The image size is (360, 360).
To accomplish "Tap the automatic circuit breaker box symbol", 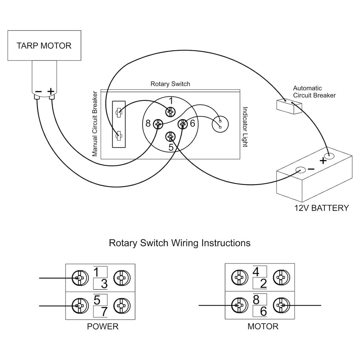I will pos(289,106).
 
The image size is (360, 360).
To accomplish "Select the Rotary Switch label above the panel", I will pos(170,84).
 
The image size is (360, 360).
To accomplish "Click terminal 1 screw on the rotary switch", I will pos(170,112).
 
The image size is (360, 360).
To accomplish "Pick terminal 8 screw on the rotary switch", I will pos(157,124).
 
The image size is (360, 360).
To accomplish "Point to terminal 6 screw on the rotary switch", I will pos(183,124).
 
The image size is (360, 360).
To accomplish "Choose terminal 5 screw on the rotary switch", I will pos(170,137).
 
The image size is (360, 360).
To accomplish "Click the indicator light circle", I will pos(220,125).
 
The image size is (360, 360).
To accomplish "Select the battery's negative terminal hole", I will pos(300,170).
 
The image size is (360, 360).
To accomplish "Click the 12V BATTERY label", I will pos(321,208).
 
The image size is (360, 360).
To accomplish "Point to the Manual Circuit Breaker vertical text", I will pos(95,123).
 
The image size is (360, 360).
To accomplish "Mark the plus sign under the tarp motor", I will pos(51,91).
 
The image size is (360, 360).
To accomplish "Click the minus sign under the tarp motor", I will pos(38,91).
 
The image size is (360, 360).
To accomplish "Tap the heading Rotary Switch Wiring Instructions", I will pos(180,243).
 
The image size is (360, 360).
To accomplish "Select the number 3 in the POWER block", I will pos(104,284).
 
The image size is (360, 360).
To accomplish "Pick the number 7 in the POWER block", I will pos(104,312).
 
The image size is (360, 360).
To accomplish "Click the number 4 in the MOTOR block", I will pos(256,271).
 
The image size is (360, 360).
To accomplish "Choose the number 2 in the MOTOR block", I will pos(263,284).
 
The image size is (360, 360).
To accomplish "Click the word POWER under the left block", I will pos(103,327).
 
